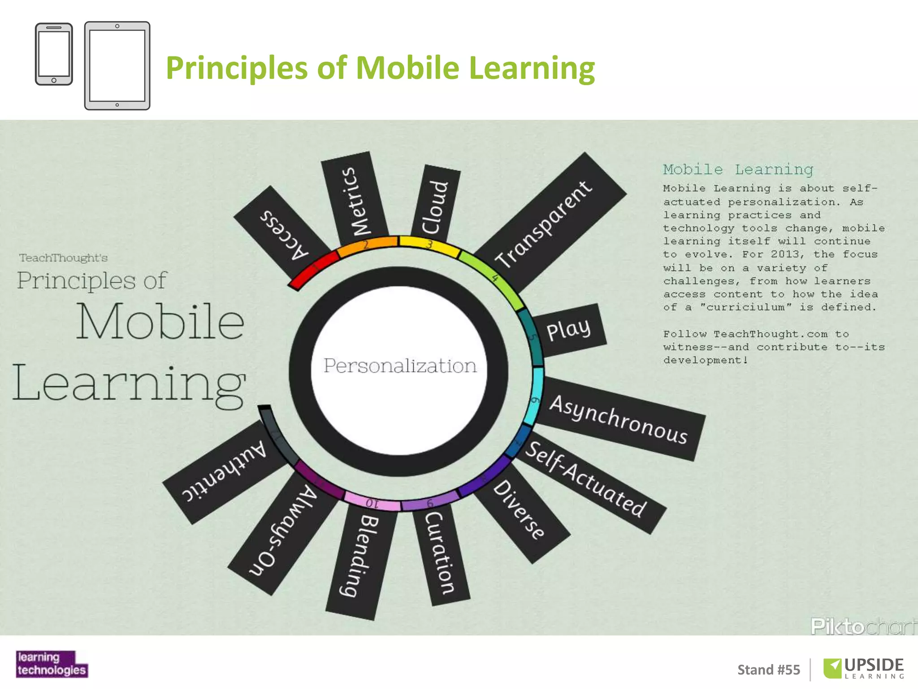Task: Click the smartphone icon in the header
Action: click(54, 54)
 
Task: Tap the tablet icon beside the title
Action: click(117, 65)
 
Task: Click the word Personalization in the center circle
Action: click(400, 366)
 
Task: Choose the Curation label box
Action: click(441, 554)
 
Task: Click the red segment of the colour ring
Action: click(314, 269)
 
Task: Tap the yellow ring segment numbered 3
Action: click(429, 245)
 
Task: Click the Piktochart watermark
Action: click(863, 626)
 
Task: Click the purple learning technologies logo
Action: click(52, 664)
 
